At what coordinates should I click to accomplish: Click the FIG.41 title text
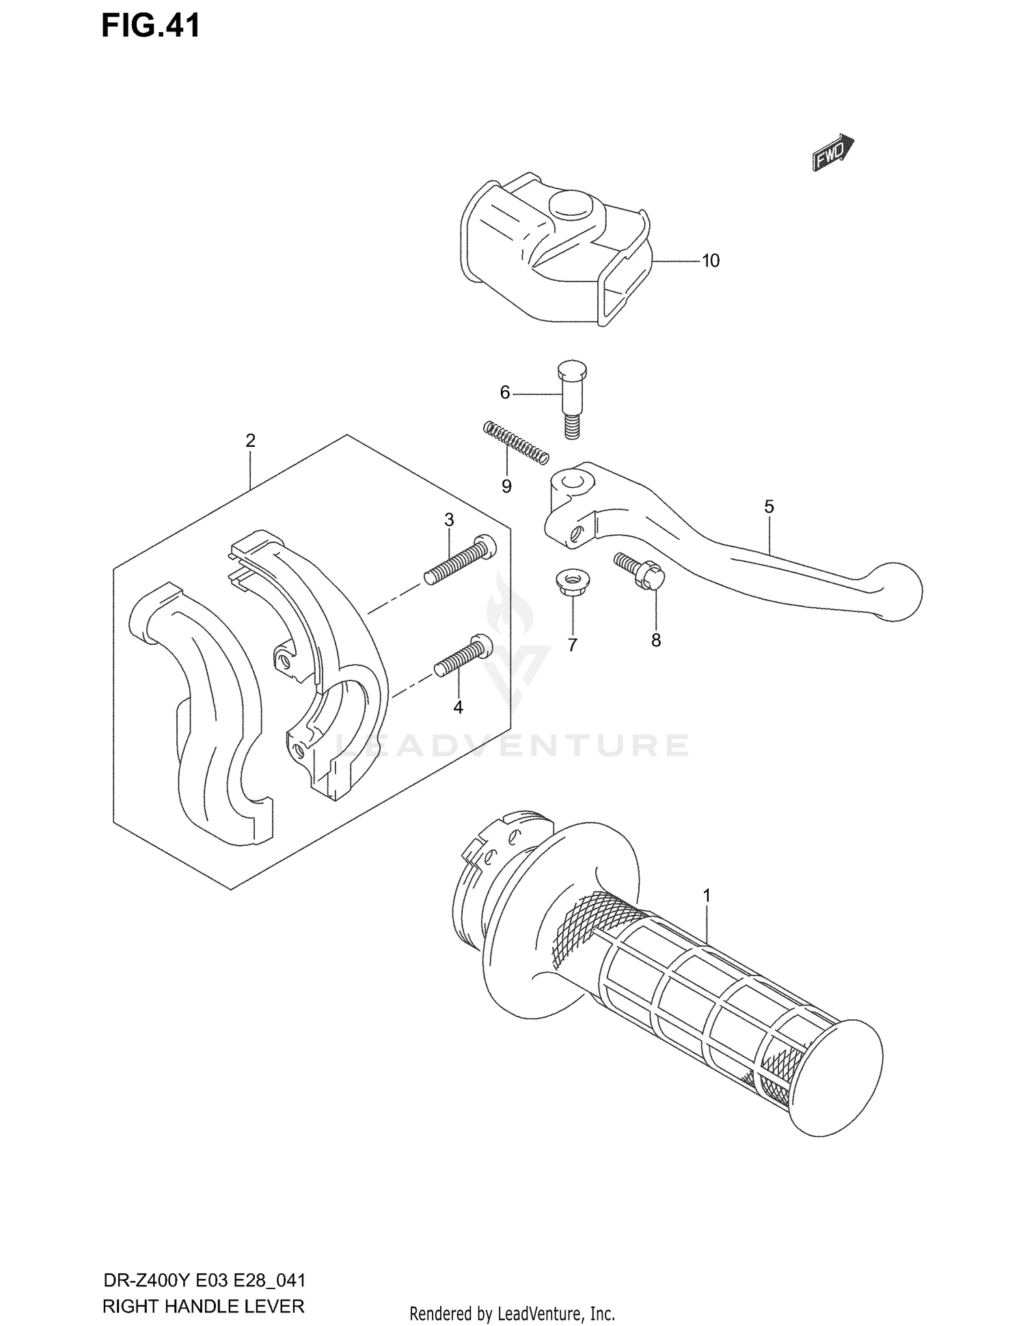151,25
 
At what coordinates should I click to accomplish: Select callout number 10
711,261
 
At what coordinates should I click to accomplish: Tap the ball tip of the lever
897,591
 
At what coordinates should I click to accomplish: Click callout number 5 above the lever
769,507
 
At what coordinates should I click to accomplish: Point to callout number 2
250,441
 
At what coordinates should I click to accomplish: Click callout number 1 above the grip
707,895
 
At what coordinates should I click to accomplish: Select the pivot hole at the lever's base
571,482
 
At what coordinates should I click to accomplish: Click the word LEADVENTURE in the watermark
512,746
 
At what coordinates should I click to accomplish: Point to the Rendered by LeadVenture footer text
512,1313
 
